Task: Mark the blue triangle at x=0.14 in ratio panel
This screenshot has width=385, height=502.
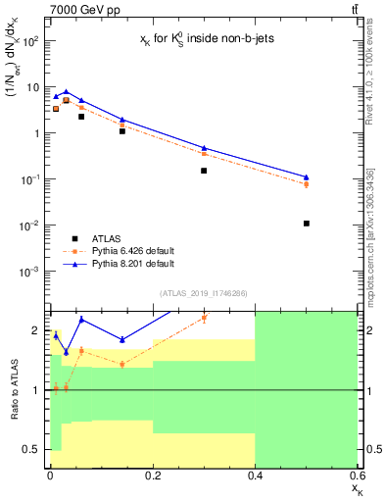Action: click(x=122, y=340)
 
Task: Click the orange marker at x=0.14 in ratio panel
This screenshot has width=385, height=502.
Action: click(x=122, y=365)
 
